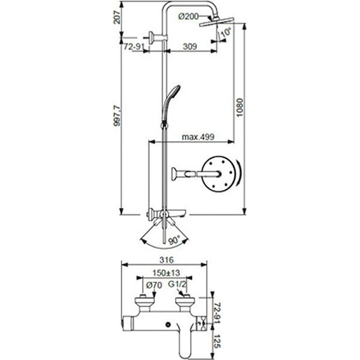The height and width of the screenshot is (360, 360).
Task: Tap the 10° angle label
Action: (x=226, y=33)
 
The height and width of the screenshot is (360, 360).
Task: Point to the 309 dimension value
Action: (x=188, y=47)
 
